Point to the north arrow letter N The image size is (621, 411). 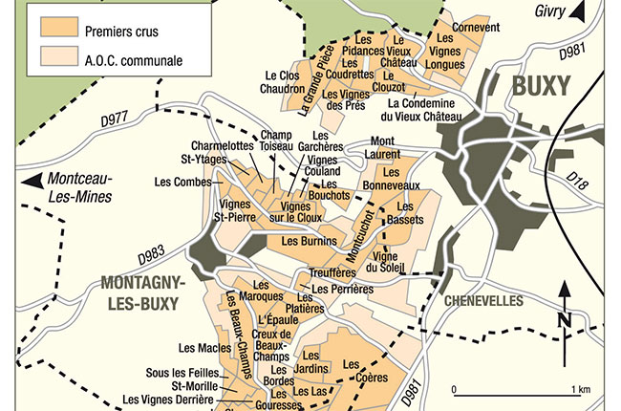tap(567, 319)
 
